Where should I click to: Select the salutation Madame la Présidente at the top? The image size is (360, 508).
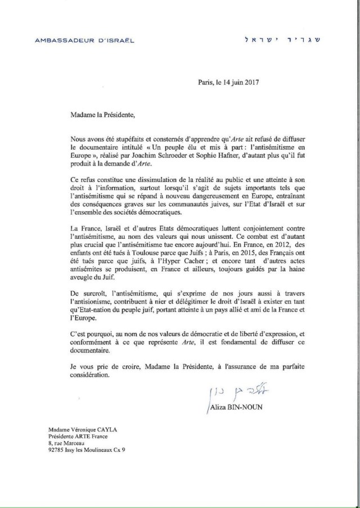tap(101, 115)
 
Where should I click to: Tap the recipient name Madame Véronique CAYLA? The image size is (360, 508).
tap(85, 429)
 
